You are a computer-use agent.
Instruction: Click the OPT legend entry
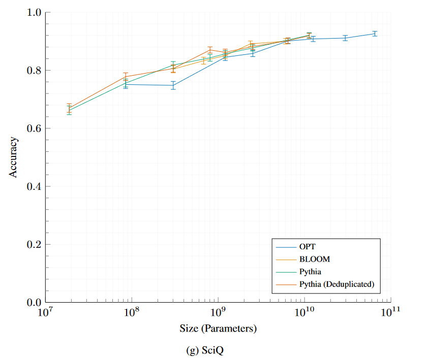click(x=308, y=247)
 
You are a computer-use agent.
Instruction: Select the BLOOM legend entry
click(x=315, y=259)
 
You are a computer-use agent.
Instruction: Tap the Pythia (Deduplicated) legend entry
click(x=337, y=284)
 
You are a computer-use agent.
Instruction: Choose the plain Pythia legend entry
click(x=311, y=272)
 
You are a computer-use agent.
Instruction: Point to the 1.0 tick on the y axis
click(x=34, y=12)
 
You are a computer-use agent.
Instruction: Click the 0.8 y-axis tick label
click(x=34, y=71)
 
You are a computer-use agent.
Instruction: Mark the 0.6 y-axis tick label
click(x=34, y=128)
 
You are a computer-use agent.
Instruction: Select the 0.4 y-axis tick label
click(x=34, y=186)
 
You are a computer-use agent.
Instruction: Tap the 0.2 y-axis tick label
click(x=34, y=245)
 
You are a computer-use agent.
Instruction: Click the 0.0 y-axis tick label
click(x=34, y=303)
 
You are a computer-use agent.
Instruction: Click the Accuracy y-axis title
click(x=14, y=157)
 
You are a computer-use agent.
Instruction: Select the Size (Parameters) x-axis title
click(x=218, y=329)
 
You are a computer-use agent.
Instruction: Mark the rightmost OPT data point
click(x=375, y=34)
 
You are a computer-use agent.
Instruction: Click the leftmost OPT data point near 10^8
click(x=126, y=84)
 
